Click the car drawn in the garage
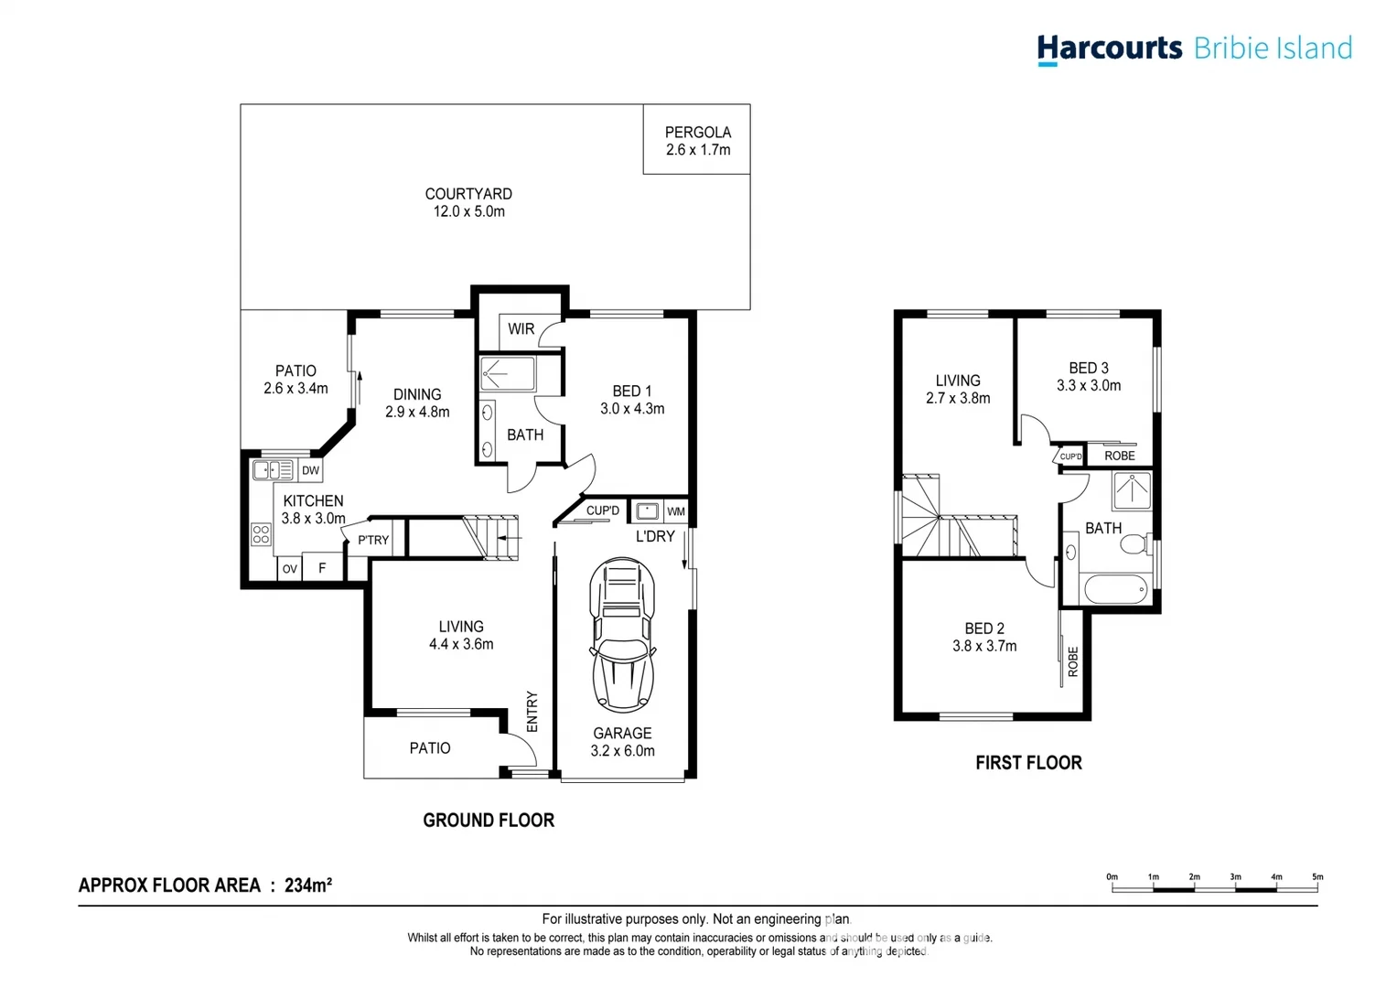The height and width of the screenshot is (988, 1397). click(x=622, y=635)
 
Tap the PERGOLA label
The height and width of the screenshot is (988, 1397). click(x=697, y=133)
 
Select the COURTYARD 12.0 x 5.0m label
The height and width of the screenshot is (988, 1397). click(x=468, y=202)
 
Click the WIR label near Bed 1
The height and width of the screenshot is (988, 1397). click(x=521, y=329)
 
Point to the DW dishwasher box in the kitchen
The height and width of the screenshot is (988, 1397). click(x=310, y=471)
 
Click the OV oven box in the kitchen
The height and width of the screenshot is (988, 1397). click(x=289, y=569)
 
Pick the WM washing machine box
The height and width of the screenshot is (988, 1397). click(x=675, y=511)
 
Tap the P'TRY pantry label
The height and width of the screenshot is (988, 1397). click(x=373, y=541)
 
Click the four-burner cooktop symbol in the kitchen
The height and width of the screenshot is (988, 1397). click(x=261, y=534)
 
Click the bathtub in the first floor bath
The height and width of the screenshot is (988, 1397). click(x=1115, y=589)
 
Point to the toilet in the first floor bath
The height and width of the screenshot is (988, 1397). click(x=1135, y=546)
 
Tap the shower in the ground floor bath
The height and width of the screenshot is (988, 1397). click(x=508, y=374)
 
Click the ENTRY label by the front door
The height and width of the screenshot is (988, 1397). click(x=532, y=711)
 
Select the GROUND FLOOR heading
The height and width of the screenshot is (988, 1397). click(x=489, y=821)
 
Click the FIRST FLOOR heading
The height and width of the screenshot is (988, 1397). click(x=1028, y=763)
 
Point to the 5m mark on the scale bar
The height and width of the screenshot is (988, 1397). click(x=1317, y=877)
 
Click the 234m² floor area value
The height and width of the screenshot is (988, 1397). click(x=308, y=886)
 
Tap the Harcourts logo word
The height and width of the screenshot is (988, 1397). click(x=1110, y=48)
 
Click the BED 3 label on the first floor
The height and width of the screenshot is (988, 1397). click(x=1088, y=368)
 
